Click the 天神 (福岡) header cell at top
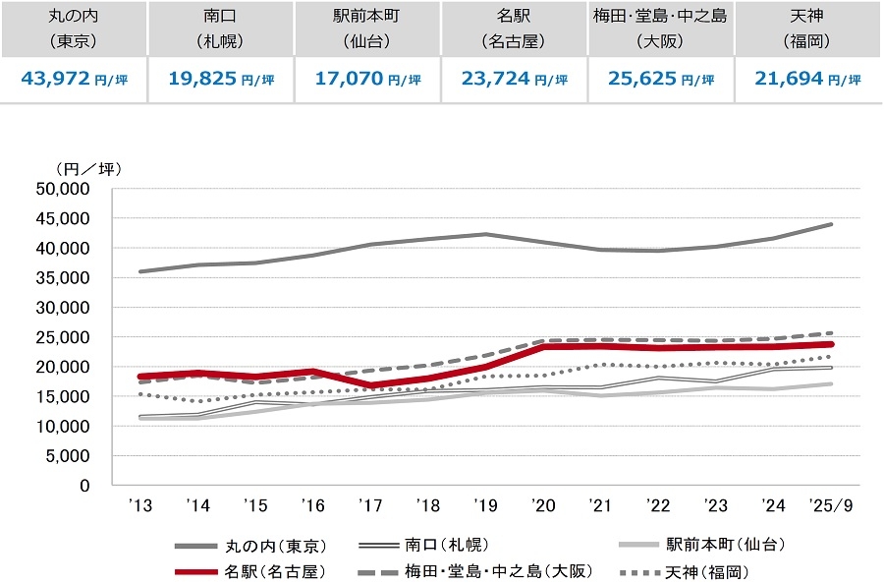tap(808, 29)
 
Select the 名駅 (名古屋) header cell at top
tap(514, 29)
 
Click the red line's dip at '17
tap(370, 385)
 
